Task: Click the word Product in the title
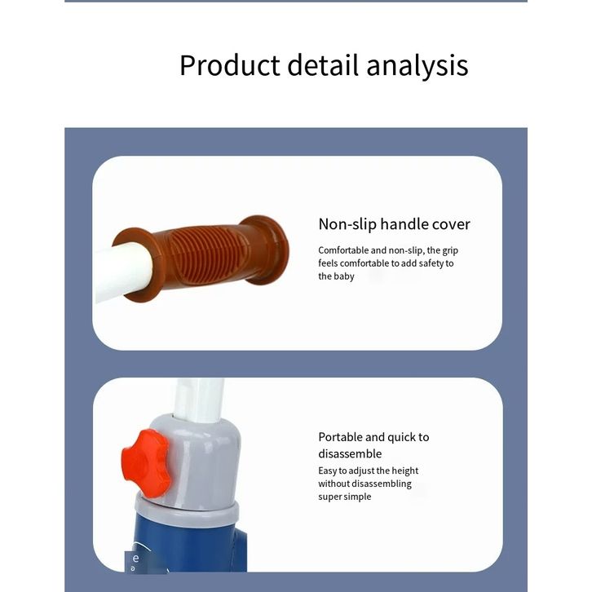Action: tap(230, 65)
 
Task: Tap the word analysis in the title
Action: tap(417, 66)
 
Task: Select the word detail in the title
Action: tap(323, 65)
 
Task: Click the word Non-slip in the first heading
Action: tap(347, 224)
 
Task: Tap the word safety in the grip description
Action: tap(431, 263)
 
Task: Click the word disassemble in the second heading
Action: tap(350, 453)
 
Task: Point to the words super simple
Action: tap(345, 497)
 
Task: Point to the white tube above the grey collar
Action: tap(199, 400)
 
